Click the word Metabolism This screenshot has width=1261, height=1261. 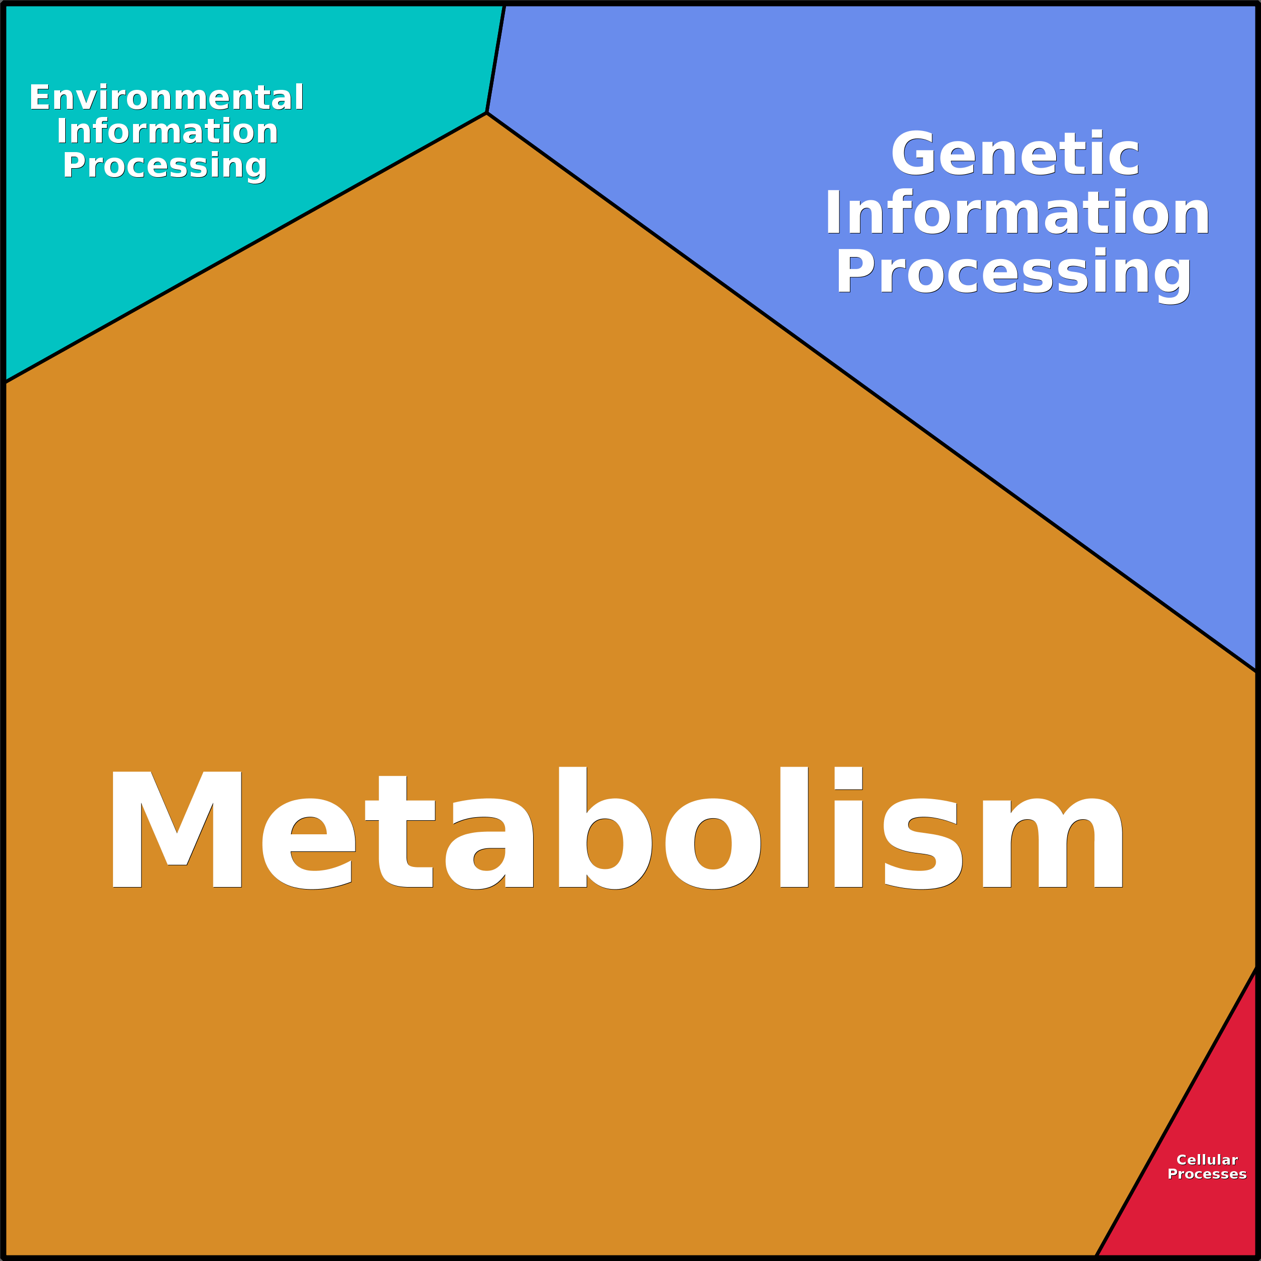(617, 828)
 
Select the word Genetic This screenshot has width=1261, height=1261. (1015, 154)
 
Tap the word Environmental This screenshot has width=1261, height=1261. (167, 97)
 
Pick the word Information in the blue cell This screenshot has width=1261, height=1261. (1017, 212)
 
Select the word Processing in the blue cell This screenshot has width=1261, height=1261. (1014, 274)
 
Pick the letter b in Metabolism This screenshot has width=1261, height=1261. (605, 828)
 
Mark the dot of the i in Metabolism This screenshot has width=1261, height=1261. (848, 778)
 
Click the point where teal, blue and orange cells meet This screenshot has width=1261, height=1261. (487, 113)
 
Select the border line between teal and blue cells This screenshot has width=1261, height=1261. (496, 59)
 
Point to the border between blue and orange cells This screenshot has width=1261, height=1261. (872, 392)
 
